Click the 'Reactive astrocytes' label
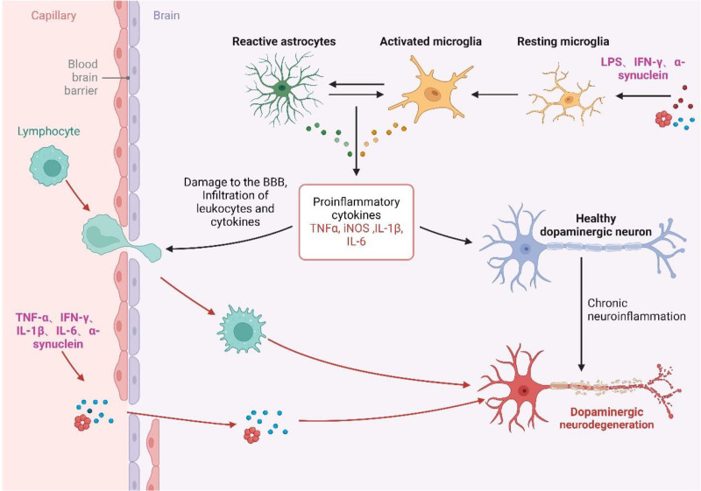[x=284, y=41]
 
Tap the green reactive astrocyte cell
[x=282, y=88]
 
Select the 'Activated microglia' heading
[x=430, y=41]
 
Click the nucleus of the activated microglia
[x=432, y=94]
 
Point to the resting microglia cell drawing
[x=566, y=95]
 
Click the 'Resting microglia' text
[x=563, y=41]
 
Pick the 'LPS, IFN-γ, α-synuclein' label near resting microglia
[x=642, y=68]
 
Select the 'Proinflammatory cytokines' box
[x=357, y=221]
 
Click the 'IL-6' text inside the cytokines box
[x=357, y=242]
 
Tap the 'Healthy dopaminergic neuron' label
[x=596, y=225]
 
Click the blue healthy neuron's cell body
[x=527, y=249]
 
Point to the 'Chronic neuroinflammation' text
[x=636, y=309]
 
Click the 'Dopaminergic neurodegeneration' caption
[x=606, y=417]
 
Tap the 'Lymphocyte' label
[x=49, y=131]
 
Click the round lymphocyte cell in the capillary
[x=50, y=165]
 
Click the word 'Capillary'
[x=53, y=15]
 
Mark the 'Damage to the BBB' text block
[x=235, y=202]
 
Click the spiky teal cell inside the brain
[x=242, y=329]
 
